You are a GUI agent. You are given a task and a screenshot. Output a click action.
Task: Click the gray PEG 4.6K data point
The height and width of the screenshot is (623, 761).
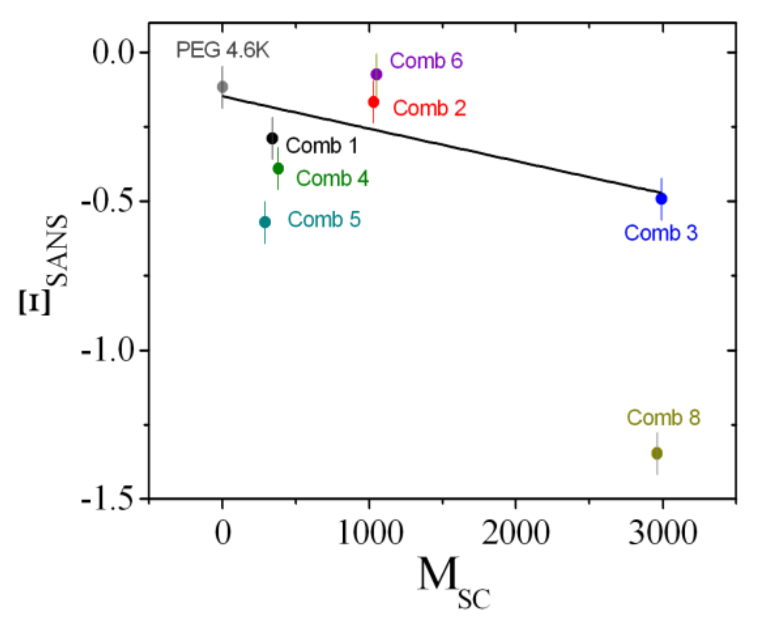click(x=222, y=87)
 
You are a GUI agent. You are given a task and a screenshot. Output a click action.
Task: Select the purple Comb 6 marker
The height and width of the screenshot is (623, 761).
click(x=377, y=74)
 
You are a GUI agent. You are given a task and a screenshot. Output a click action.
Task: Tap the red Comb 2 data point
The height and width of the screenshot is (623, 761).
click(x=374, y=102)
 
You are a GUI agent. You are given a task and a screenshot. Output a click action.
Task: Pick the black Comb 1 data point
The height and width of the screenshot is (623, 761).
click(x=272, y=139)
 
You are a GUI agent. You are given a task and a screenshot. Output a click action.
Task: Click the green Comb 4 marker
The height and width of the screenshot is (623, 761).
click(x=278, y=168)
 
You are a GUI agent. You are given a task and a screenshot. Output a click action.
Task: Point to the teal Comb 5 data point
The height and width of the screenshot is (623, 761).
click(x=265, y=222)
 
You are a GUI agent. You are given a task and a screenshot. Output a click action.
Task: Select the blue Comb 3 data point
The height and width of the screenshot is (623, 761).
click(x=661, y=199)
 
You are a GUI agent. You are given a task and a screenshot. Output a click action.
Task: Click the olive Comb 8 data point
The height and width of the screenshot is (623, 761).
click(x=657, y=453)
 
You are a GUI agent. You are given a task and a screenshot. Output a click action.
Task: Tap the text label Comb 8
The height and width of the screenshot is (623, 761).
click(x=663, y=418)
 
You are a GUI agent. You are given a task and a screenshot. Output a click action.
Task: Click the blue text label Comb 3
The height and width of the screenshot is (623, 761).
click(x=660, y=233)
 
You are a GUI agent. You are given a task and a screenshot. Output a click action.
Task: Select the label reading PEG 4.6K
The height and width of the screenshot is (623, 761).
click(x=222, y=50)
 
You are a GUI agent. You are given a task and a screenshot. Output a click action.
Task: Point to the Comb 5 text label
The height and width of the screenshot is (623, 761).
click(x=324, y=219)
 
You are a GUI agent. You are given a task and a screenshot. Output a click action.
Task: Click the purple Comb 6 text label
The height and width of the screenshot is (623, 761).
click(x=426, y=60)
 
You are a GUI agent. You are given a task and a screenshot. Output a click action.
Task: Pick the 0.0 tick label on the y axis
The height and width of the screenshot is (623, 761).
click(x=113, y=53)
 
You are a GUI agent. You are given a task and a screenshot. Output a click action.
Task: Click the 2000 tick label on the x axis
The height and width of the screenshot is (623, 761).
click(x=515, y=533)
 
